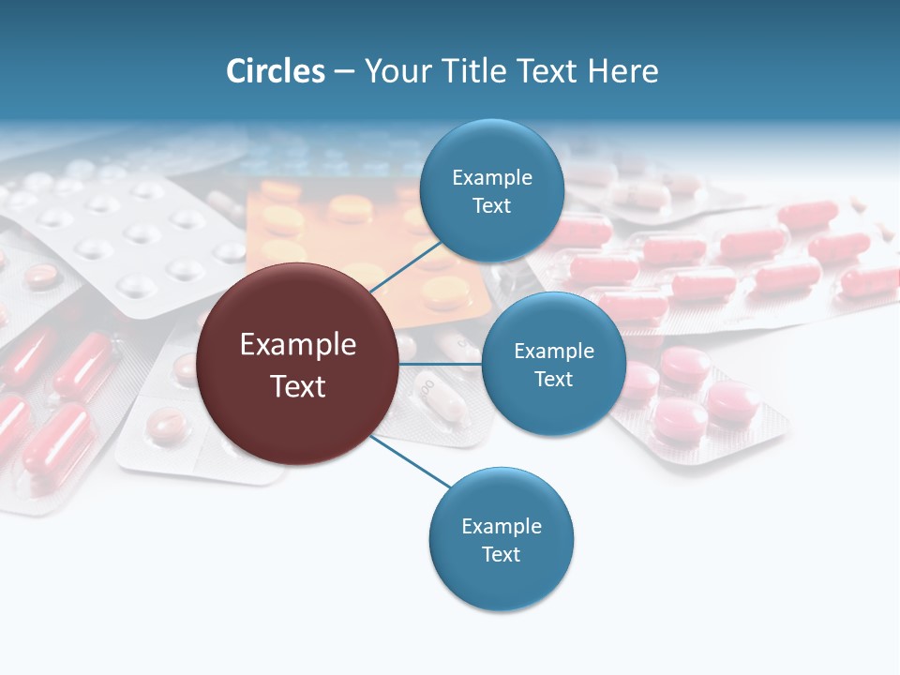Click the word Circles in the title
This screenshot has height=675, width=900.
(x=276, y=71)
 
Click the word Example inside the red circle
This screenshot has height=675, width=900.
(x=298, y=345)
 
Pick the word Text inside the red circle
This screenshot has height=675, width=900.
(x=298, y=386)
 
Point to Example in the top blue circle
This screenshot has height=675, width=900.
(x=492, y=178)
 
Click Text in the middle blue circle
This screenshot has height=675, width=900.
(x=553, y=379)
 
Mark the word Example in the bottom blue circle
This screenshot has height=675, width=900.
(x=501, y=527)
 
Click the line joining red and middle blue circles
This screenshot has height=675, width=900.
(x=441, y=364)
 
